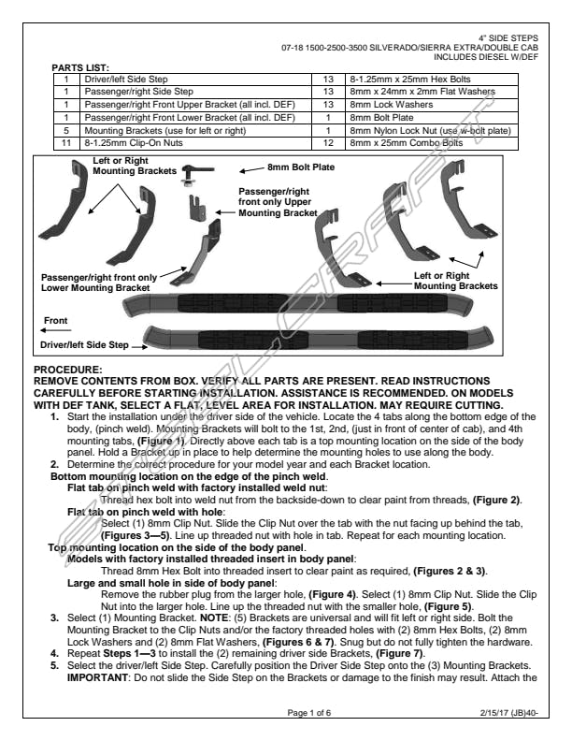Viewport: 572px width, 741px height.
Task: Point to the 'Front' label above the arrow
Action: [56, 321]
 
